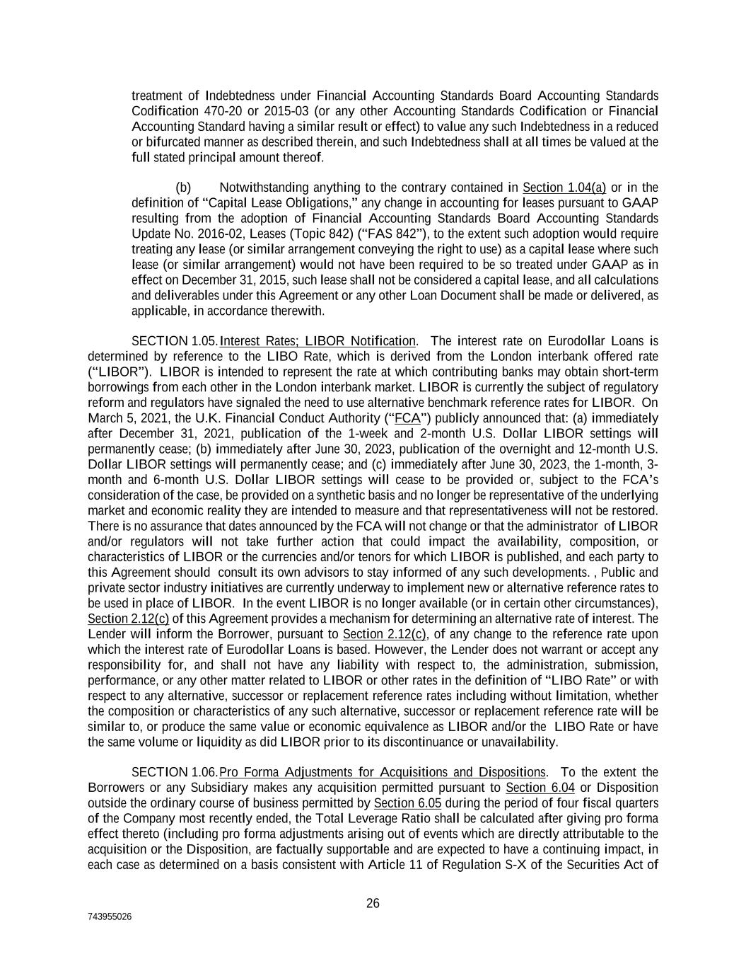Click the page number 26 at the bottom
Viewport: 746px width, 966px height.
coord(373,903)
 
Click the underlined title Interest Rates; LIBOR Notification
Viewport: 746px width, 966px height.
coord(318,341)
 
